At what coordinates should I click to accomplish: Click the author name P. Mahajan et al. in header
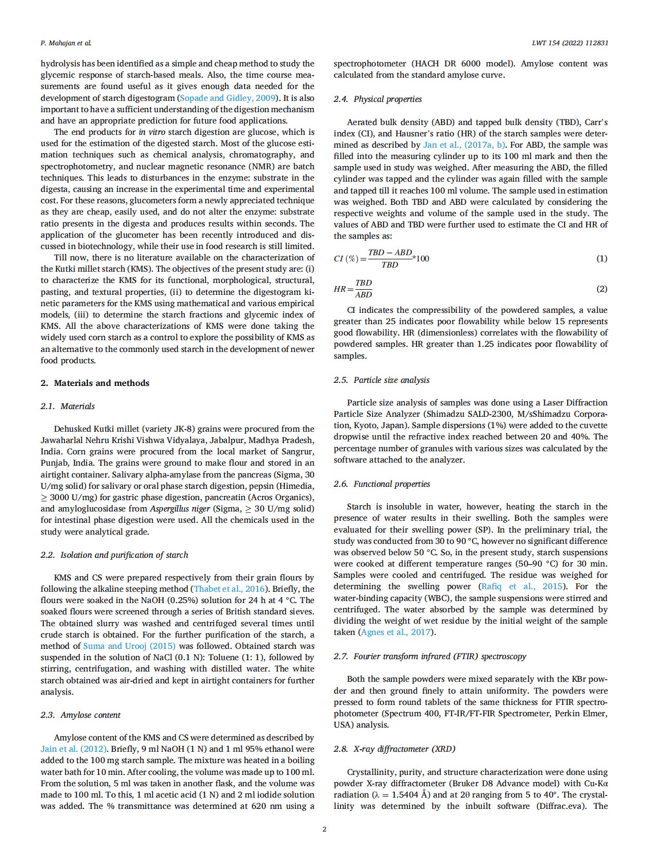[66, 43]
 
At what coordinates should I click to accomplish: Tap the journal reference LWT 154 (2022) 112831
[570, 43]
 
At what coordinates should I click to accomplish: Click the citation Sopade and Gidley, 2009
[227, 98]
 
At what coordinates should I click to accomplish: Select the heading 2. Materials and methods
[95, 383]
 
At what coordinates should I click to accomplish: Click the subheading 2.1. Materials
[67, 406]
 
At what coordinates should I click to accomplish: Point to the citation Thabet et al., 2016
[229, 589]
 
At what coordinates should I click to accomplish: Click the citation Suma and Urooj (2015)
[129, 646]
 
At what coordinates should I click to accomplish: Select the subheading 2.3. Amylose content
[80, 715]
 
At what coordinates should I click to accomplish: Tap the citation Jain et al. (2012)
[74, 749]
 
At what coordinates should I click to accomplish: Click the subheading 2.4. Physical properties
[377, 99]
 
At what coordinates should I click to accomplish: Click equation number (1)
[601, 258]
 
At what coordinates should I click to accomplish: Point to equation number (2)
[601, 289]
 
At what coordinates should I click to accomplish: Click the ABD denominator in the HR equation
[363, 295]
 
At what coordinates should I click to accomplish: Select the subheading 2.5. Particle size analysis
[381, 380]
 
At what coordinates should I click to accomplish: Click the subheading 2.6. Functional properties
[382, 484]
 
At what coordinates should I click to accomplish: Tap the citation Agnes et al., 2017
[396, 632]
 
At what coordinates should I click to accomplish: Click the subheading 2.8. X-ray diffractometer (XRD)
[394, 749]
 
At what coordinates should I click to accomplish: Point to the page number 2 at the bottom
[324, 829]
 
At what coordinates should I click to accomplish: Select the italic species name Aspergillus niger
[180, 509]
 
